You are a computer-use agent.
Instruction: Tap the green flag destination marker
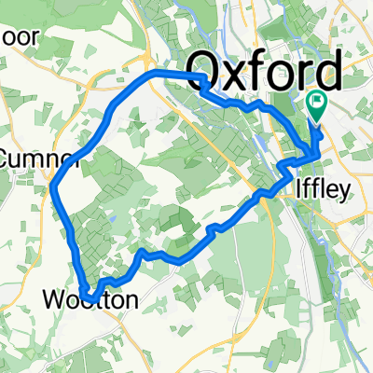pyautogui.click(x=317, y=106)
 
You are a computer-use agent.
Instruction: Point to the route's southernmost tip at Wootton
pyautogui.click(x=90, y=297)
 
